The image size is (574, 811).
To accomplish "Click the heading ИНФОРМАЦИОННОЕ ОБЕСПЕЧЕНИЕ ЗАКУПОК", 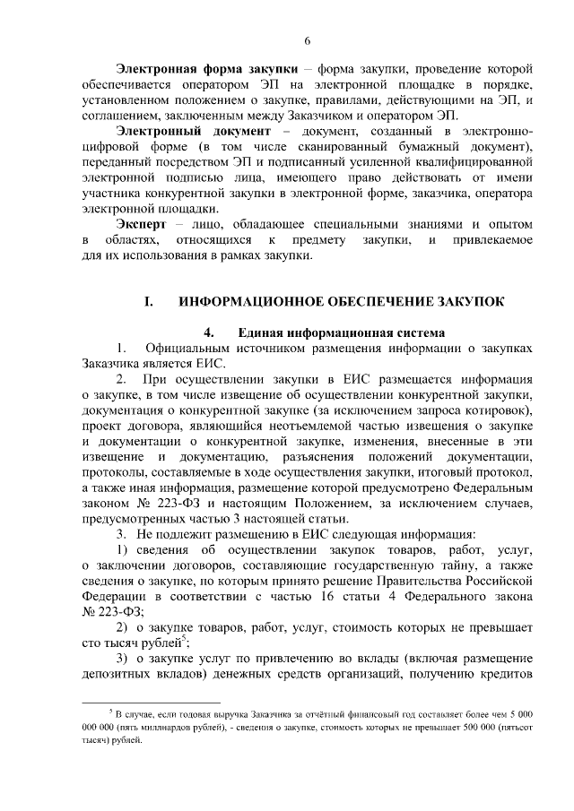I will [x=341, y=301].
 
